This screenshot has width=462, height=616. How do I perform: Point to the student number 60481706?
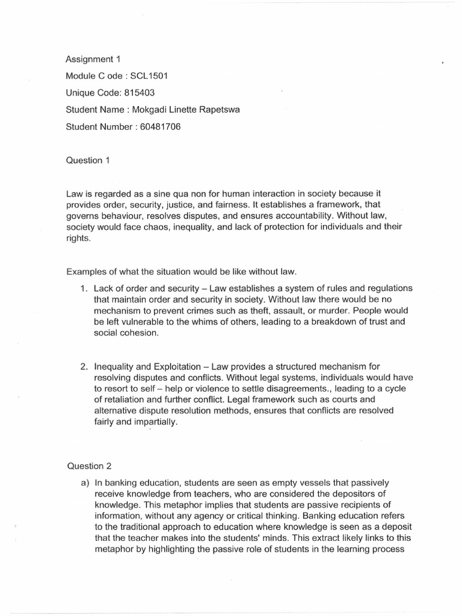[x=159, y=126]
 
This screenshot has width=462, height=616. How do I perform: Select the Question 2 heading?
[x=88, y=466]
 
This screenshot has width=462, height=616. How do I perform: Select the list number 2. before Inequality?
[x=85, y=366]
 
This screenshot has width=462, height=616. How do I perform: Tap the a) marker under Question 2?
[x=85, y=483]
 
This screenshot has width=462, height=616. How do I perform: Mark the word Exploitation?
[x=180, y=366]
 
